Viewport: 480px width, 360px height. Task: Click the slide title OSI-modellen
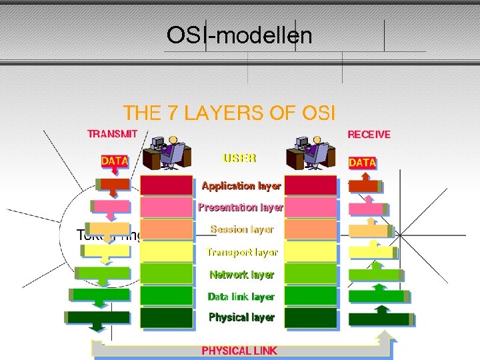coord(239,35)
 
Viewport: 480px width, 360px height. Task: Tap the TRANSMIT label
coord(113,133)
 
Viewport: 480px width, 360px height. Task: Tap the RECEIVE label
coord(369,134)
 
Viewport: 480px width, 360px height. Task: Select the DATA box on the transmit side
coord(114,161)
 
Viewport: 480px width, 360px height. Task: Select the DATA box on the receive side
coord(363,162)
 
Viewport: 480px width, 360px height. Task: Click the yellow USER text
coord(239,159)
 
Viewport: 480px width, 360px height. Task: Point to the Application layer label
coord(241,186)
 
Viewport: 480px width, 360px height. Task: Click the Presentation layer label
coord(241,207)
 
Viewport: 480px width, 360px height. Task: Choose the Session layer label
coord(241,229)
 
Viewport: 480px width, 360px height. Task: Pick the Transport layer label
coord(241,252)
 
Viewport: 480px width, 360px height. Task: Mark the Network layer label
coord(241,274)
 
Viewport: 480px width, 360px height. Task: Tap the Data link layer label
coord(241,296)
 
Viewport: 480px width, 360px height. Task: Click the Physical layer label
coord(241,317)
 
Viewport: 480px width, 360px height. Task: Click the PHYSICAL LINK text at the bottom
coord(239,350)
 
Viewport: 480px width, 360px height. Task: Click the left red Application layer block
coord(167,185)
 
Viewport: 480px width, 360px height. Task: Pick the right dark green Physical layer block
coord(311,317)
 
